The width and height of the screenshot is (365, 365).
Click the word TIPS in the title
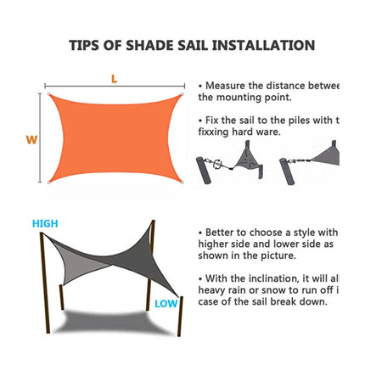[x=87, y=46]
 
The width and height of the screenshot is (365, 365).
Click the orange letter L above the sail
[x=115, y=79]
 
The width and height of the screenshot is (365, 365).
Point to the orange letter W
[x=31, y=140]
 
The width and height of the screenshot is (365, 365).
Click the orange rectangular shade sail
[x=115, y=136]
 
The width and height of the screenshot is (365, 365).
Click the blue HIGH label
[x=45, y=223]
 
